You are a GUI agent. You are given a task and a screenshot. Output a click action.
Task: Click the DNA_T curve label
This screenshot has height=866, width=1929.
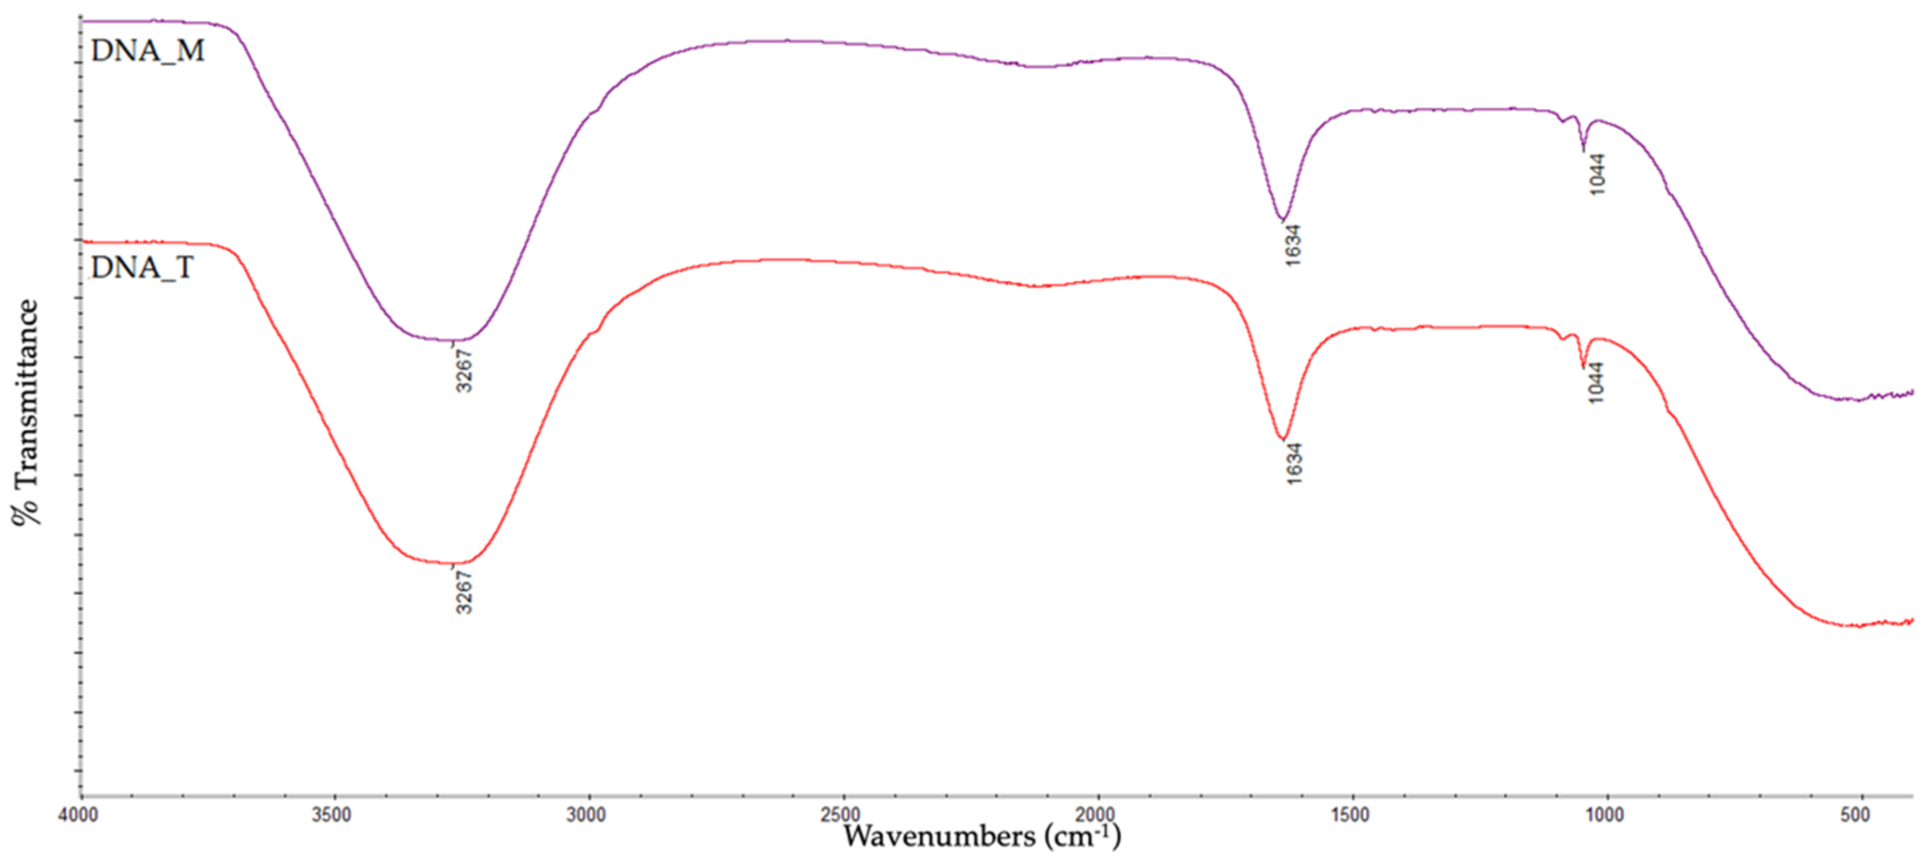[142, 267]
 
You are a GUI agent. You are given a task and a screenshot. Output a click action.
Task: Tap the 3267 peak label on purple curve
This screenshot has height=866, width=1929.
[464, 369]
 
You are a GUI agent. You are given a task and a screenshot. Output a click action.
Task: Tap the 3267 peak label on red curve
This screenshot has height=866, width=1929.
[464, 592]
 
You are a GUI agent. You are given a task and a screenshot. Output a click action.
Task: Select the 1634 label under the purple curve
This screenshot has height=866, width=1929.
[1292, 245]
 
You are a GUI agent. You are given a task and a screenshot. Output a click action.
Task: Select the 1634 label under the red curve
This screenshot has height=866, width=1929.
[1294, 464]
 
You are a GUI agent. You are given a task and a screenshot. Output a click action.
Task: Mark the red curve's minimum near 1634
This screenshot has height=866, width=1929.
[1282, 439]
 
